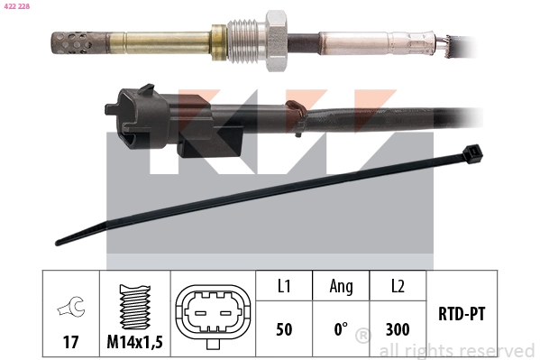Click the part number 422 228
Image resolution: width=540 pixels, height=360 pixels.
(x=17, y=6)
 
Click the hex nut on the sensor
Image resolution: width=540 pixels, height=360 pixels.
(x=277, y=41)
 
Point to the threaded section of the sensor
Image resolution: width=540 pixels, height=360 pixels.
(x=247, y=42)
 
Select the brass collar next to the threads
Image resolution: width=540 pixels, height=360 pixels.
(x=219, y=42)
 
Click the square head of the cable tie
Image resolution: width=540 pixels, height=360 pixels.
(x=472, y=153)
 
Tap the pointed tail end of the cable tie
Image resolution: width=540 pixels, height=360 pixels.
(x=60, y=242)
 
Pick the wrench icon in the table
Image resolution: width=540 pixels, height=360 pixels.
(x=71, y=306)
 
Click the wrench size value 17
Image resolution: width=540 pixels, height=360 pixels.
(x=70, y=342)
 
